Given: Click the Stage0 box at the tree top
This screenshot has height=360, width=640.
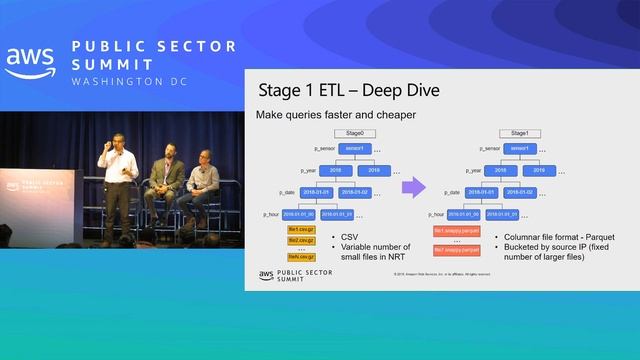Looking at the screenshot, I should pyautogui.click(x=354, y=132).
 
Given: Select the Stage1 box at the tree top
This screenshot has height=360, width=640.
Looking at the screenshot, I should pyautogui.click(x=519, y=132).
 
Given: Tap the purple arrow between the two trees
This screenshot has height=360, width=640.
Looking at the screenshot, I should pyautogui.click(x=413, y=187).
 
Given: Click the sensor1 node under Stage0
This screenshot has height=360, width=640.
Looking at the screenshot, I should pyautogui.click(x=354, y=148).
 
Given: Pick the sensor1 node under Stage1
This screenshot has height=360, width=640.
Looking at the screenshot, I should pyautogui.click(x=519, y=148).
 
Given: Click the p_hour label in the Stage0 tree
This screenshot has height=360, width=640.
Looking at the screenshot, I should pyautogui.click(x=270, y=214).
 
